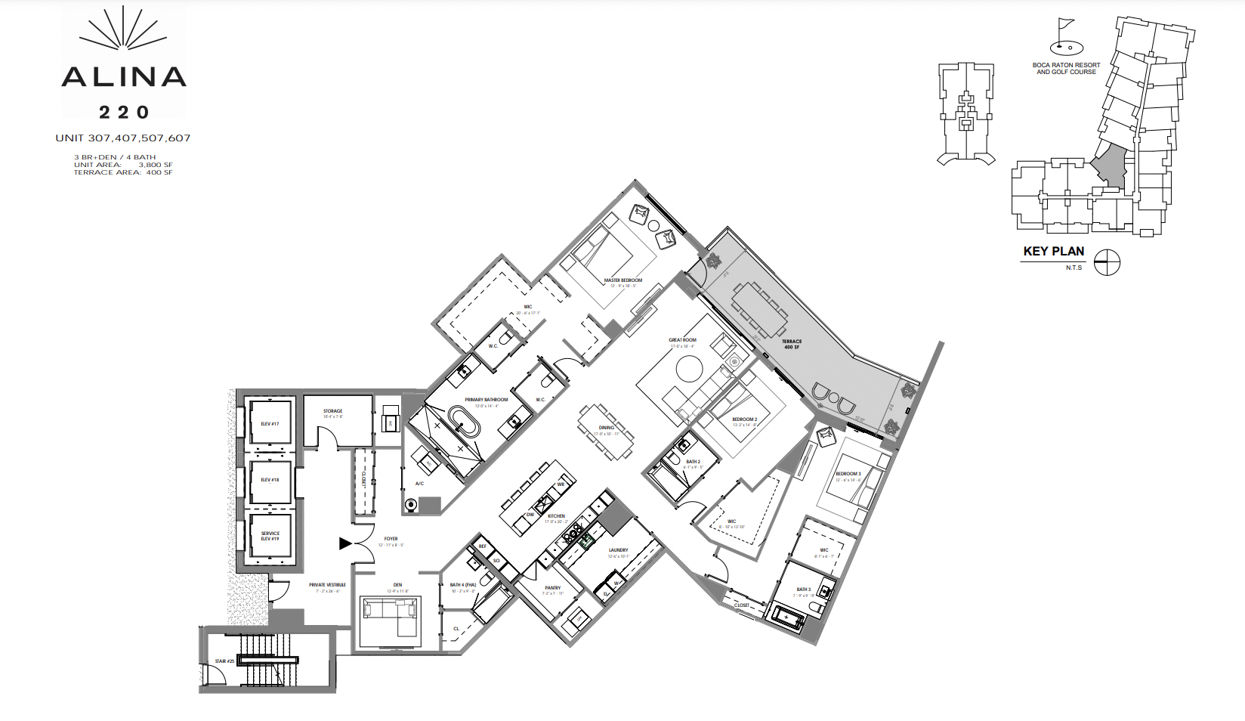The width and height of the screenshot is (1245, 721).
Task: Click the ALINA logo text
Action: [124, 76]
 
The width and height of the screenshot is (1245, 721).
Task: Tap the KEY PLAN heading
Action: [1053, 252]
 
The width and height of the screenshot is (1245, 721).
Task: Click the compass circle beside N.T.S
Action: [1107, 262]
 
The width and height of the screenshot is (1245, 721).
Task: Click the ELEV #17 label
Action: [270, 424]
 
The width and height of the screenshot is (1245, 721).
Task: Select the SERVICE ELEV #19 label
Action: [270, 536]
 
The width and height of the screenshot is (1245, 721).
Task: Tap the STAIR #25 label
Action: [224, 661]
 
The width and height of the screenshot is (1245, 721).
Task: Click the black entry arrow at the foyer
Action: [345, 543]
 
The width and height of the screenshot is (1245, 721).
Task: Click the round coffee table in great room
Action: [689, 369]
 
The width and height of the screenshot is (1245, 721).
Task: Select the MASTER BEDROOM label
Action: [622, 280]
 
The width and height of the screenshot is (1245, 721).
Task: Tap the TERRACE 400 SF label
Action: [792, 344]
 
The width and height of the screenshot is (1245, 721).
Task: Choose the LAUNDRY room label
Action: [618, 551]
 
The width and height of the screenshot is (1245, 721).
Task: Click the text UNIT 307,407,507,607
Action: [123, 138]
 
